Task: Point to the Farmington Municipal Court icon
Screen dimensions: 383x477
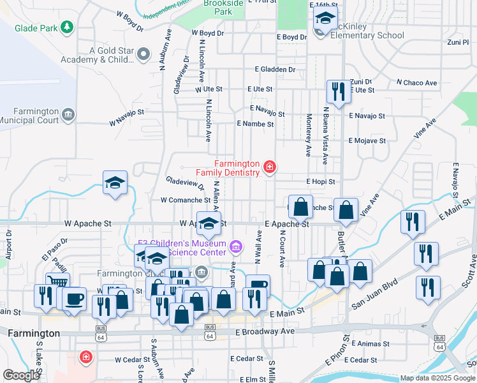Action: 68,114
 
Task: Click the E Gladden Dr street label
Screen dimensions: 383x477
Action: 275,69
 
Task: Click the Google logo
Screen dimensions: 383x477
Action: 21,375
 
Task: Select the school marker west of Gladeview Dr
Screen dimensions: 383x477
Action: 115,183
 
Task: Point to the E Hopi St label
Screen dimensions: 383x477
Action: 320,182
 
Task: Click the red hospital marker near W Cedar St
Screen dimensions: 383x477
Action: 85,357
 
